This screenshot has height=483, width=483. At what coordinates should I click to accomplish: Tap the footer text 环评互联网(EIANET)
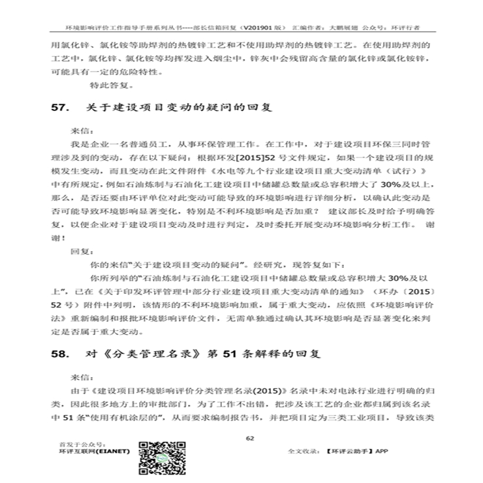94,451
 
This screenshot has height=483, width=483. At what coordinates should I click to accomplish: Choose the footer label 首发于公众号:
76,443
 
